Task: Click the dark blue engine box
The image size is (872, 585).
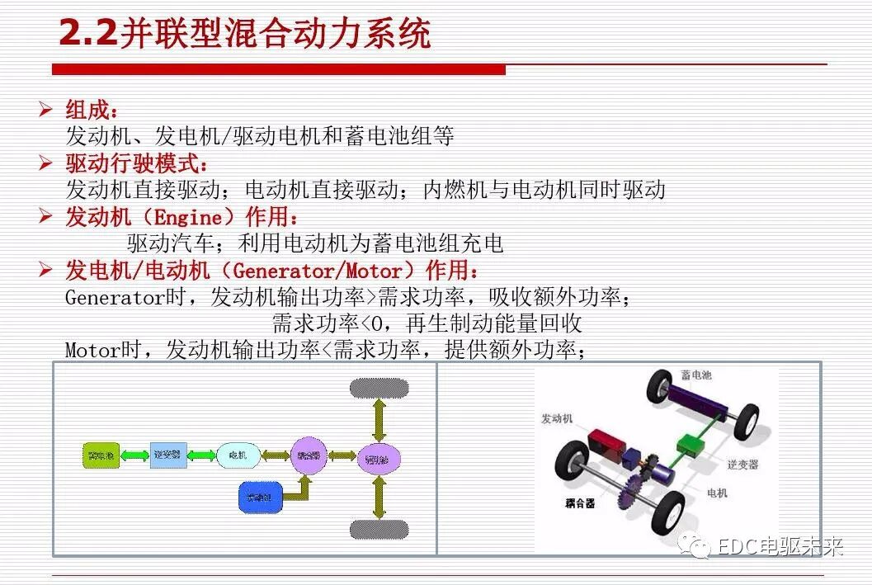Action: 260,496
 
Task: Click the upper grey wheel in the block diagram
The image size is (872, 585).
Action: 379,388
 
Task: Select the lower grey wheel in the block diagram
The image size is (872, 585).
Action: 379,528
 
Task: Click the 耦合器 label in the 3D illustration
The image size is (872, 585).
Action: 581,503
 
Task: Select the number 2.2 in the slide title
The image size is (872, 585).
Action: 88,35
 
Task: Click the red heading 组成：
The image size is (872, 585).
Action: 92,110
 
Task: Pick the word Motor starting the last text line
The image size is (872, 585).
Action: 92,351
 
